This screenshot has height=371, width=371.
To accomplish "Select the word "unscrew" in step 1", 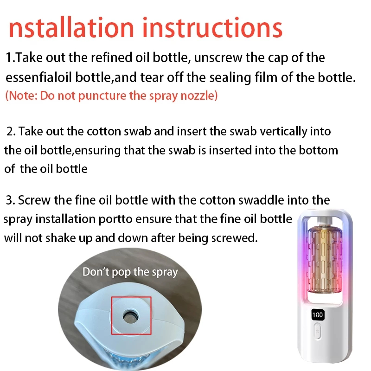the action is (218, 58).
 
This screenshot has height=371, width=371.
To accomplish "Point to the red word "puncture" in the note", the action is (102, 96).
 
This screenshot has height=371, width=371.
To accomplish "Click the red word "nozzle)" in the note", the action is (199, 96).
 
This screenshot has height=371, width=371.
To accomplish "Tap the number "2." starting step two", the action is (11, 131).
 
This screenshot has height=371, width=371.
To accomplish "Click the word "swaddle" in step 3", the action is (261, 200).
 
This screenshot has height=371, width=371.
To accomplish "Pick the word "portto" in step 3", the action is (115, 219).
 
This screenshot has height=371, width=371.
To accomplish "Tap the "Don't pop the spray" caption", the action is (130, 272).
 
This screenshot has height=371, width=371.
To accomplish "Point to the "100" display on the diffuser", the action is (317, 315).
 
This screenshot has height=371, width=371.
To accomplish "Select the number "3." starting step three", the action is (10, 200).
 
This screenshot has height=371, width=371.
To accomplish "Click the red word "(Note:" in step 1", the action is (21, 96).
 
